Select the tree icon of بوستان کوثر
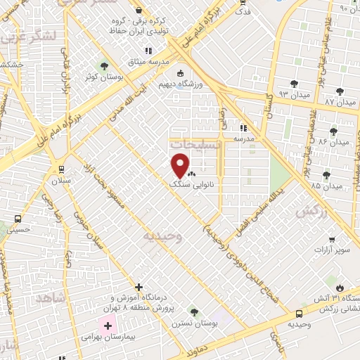click(104, 66)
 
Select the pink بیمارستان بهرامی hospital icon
click(108, 326)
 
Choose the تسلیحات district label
click(194, 143)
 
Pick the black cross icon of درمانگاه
click(139, 288)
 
